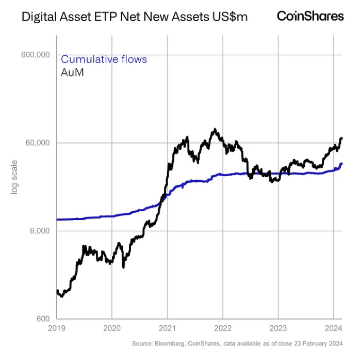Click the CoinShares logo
point(310,16)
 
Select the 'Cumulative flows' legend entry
point(104,59)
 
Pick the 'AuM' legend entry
point(72,72)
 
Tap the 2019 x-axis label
point(57,328)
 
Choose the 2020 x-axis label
point(112,328)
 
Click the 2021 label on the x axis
point(167,328)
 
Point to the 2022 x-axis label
point(223,328)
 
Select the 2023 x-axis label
point(278,328)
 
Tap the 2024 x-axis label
point(333,328)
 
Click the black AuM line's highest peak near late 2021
point(215,130)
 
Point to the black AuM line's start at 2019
point(57,292)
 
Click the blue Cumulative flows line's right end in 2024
point(341,164)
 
